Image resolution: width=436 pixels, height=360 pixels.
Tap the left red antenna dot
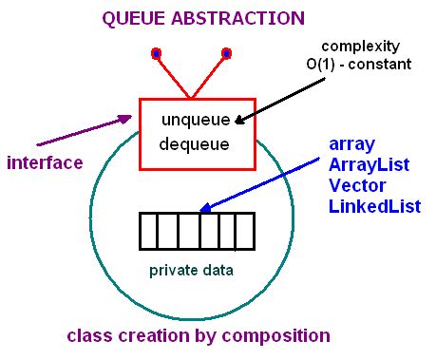[x=156, y=52]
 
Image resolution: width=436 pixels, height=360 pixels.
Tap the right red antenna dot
[x=226, y=52]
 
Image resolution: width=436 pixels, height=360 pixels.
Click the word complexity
[x=360, y=47]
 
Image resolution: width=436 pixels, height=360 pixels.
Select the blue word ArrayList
[x=369, y=164]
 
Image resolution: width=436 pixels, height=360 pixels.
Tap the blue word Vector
[x=356, y=185]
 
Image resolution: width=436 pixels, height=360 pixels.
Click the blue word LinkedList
[x=374, y=206]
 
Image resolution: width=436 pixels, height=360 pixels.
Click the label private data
[x=192, y=270]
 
